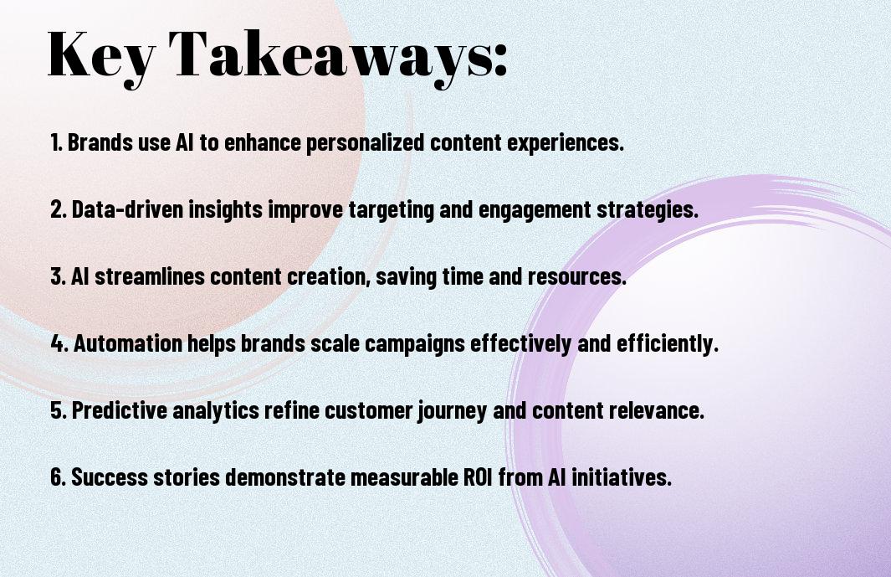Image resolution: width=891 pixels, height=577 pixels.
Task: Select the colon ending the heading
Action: (500, 59)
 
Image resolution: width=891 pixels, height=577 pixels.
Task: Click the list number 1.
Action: (56, 142)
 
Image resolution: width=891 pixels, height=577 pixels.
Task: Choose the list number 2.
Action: (59, 209)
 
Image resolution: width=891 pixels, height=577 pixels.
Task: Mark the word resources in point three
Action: (576, 277)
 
